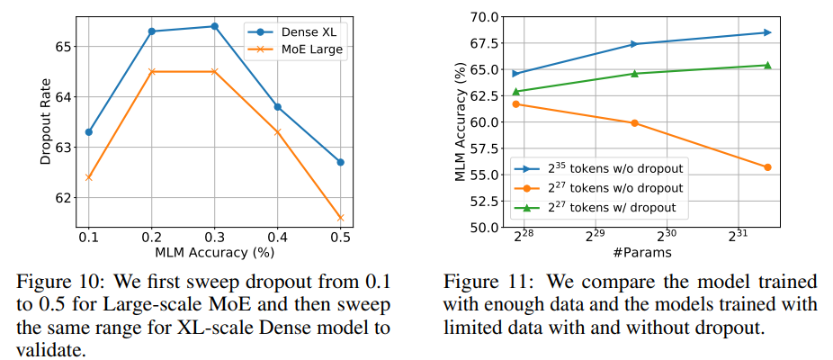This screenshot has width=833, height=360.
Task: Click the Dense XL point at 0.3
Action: click(214, 26)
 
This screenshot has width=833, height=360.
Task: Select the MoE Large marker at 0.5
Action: click(340, 217)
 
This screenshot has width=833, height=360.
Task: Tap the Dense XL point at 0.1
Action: click(88, 132)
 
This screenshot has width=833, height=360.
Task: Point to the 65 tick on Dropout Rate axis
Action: click(66, 46)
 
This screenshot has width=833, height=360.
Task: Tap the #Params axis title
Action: click(642, 253)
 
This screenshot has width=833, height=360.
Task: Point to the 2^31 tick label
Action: click(737, 236)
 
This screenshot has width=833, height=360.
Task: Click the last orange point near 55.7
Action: click(767, 167)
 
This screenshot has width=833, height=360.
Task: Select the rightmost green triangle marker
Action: click(767, 65)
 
